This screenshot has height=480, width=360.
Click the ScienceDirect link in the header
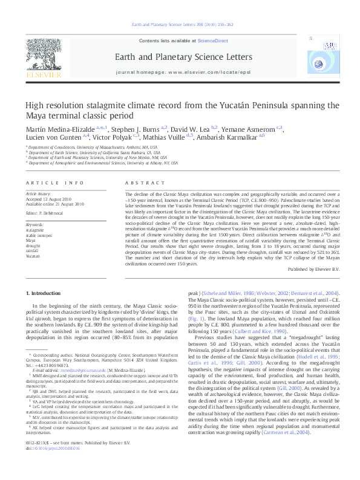[x=212, y=40]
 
